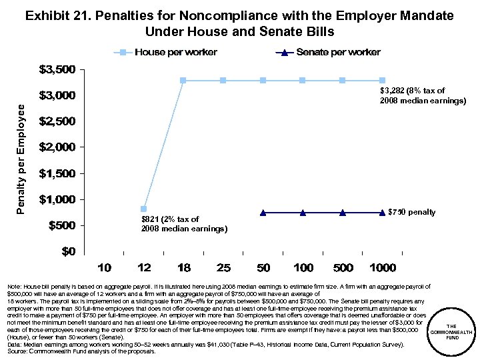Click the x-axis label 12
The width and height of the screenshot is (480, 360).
tap(143, 268)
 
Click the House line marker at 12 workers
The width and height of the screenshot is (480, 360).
tap(143, 209)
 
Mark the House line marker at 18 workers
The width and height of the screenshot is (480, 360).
tap(183, 81)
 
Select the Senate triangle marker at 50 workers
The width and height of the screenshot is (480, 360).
tap(263, 213)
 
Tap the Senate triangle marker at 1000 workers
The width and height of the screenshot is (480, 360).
tap(382, 213)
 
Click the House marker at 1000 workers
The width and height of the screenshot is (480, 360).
tap(382, 81)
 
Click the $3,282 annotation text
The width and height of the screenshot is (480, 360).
tap(422, 95)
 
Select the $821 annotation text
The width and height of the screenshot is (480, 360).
tap(184, 223)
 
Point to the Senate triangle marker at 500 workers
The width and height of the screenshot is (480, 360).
tap(343, 213)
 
